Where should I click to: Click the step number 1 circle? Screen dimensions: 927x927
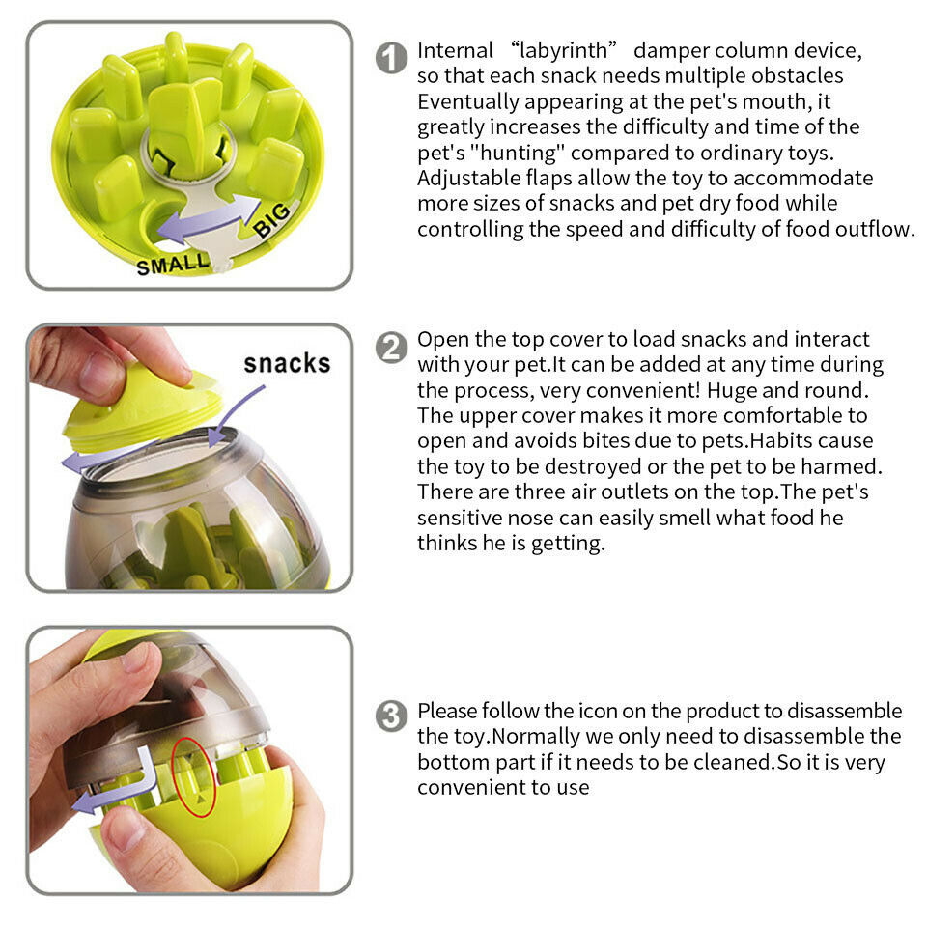coord(390,58)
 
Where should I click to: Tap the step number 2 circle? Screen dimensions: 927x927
coord(390,347)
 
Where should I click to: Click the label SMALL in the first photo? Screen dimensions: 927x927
coord(171,263)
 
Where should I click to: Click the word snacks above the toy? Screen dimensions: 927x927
coord(287,363)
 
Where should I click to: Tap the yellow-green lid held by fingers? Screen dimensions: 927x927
coord(145,410)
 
